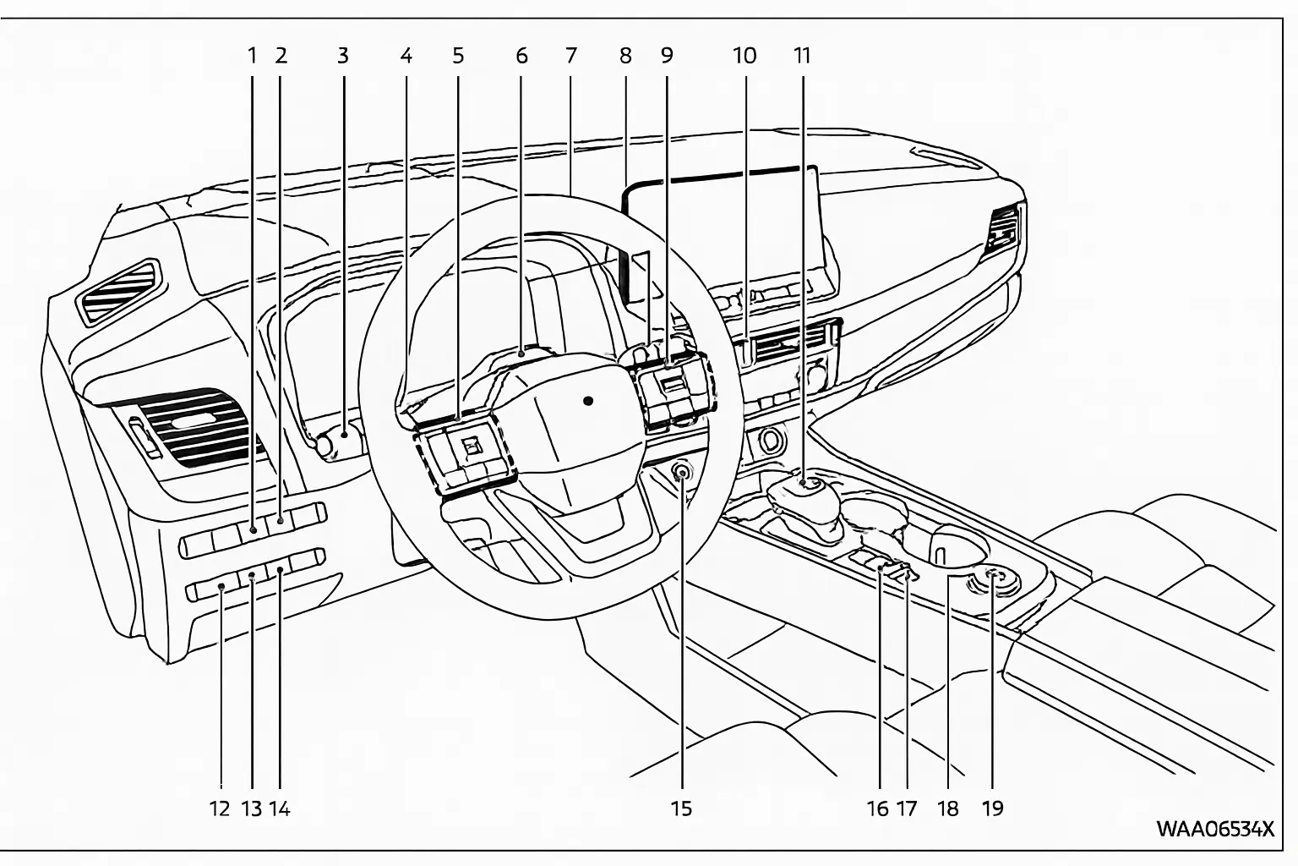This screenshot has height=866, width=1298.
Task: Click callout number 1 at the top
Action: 251,56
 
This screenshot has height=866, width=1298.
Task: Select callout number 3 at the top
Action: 342,56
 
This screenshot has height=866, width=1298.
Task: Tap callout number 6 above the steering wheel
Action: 521,56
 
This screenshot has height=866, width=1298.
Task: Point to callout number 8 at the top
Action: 625,56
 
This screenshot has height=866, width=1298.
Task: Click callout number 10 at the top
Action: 744,56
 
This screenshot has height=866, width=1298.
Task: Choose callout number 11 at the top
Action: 802,56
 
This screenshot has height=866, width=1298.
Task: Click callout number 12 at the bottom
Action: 220,808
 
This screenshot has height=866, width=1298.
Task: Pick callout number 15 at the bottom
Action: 681,808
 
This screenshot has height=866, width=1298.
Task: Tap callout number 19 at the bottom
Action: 993,808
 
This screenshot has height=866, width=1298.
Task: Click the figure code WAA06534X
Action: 1213,828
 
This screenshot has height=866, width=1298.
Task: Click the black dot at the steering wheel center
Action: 588,399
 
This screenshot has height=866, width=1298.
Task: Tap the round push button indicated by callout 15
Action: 682,473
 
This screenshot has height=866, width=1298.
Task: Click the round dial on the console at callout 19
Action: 995,579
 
